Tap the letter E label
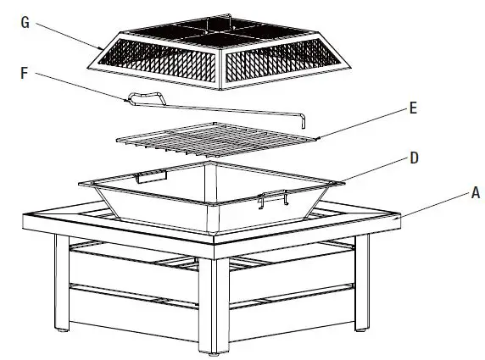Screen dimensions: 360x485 [412, 108]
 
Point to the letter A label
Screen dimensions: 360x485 [476, 192]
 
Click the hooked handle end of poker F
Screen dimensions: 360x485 [143, 98]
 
